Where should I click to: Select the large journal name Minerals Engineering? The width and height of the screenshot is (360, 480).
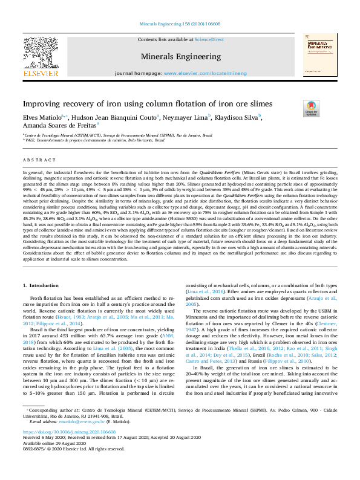click(x=180, y=56)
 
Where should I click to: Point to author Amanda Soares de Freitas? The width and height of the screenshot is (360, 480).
click(x=59, y=126)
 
